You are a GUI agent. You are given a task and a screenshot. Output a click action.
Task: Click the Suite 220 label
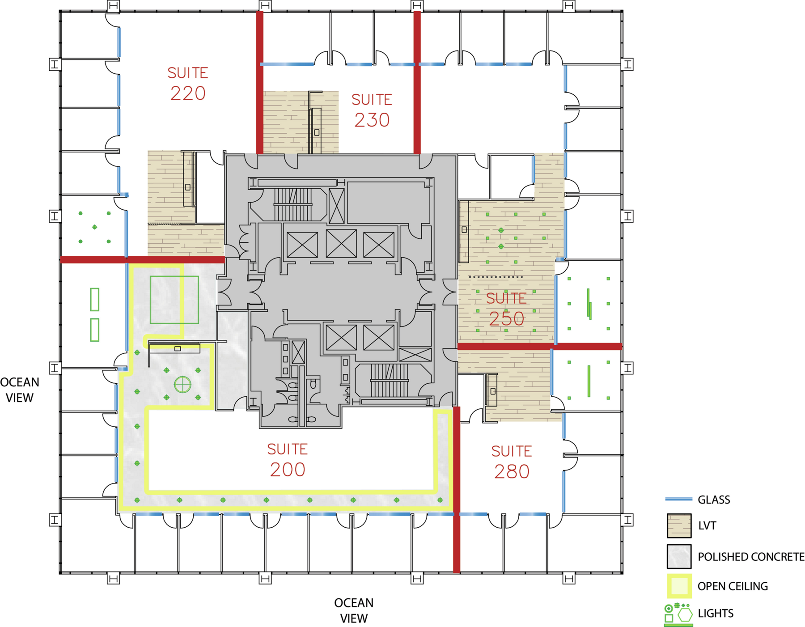tap(188, 84)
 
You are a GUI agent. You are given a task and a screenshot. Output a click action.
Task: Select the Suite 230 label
tap(372, 110)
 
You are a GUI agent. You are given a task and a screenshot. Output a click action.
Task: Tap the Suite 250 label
tap(506, 309)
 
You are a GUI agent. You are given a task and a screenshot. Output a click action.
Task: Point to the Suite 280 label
tap(512, 462)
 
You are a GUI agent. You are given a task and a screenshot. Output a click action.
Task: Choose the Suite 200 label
tap(288, 460)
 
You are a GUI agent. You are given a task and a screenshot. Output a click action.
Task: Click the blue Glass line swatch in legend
tap(678, 499)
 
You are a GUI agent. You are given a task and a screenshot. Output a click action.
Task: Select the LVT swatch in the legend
tap(679, 525)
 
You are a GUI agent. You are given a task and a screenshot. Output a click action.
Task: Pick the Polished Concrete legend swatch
tap(679, 556)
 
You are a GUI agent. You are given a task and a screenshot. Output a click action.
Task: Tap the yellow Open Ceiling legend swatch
tap(679, 586)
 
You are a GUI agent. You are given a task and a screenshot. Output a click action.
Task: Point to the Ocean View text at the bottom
tap(354, 610)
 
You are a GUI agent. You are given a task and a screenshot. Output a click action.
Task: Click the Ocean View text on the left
tap(20, 390)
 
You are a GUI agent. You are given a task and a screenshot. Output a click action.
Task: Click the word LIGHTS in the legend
tap(716, 613)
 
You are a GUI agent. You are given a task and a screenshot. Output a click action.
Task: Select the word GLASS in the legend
tap(714, 500)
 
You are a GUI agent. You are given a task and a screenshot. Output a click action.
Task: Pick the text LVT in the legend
tap(707, 525)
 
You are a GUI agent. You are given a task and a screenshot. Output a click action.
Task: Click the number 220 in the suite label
tap(188, 93)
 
